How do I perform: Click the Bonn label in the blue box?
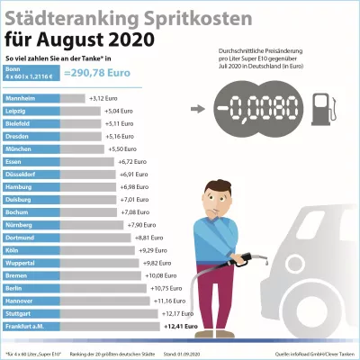point(13,68)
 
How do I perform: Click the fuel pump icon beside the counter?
point(320,109)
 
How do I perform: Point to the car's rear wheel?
point(338,315)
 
